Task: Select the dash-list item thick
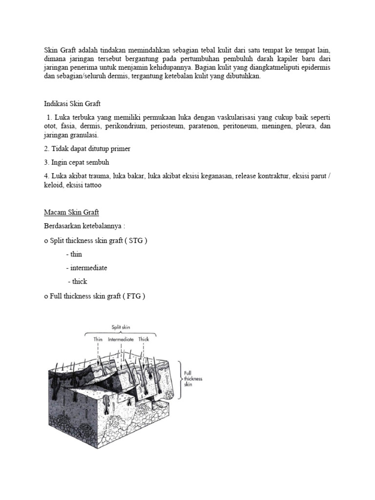79,282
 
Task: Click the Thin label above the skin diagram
98,338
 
